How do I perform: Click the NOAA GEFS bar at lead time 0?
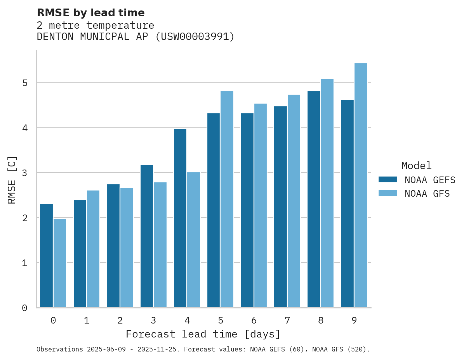47,256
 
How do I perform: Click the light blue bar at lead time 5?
227,199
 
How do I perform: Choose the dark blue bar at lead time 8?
314,199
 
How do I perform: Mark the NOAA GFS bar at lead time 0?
60,263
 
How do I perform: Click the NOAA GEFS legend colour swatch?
388,180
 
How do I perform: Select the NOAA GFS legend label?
427,194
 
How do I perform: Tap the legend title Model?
416,166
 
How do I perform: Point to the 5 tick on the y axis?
24,83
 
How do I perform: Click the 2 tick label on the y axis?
24,218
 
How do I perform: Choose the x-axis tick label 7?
287,321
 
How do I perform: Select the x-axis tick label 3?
154,321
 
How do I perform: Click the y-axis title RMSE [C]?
12,180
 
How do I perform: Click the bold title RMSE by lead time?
90,13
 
